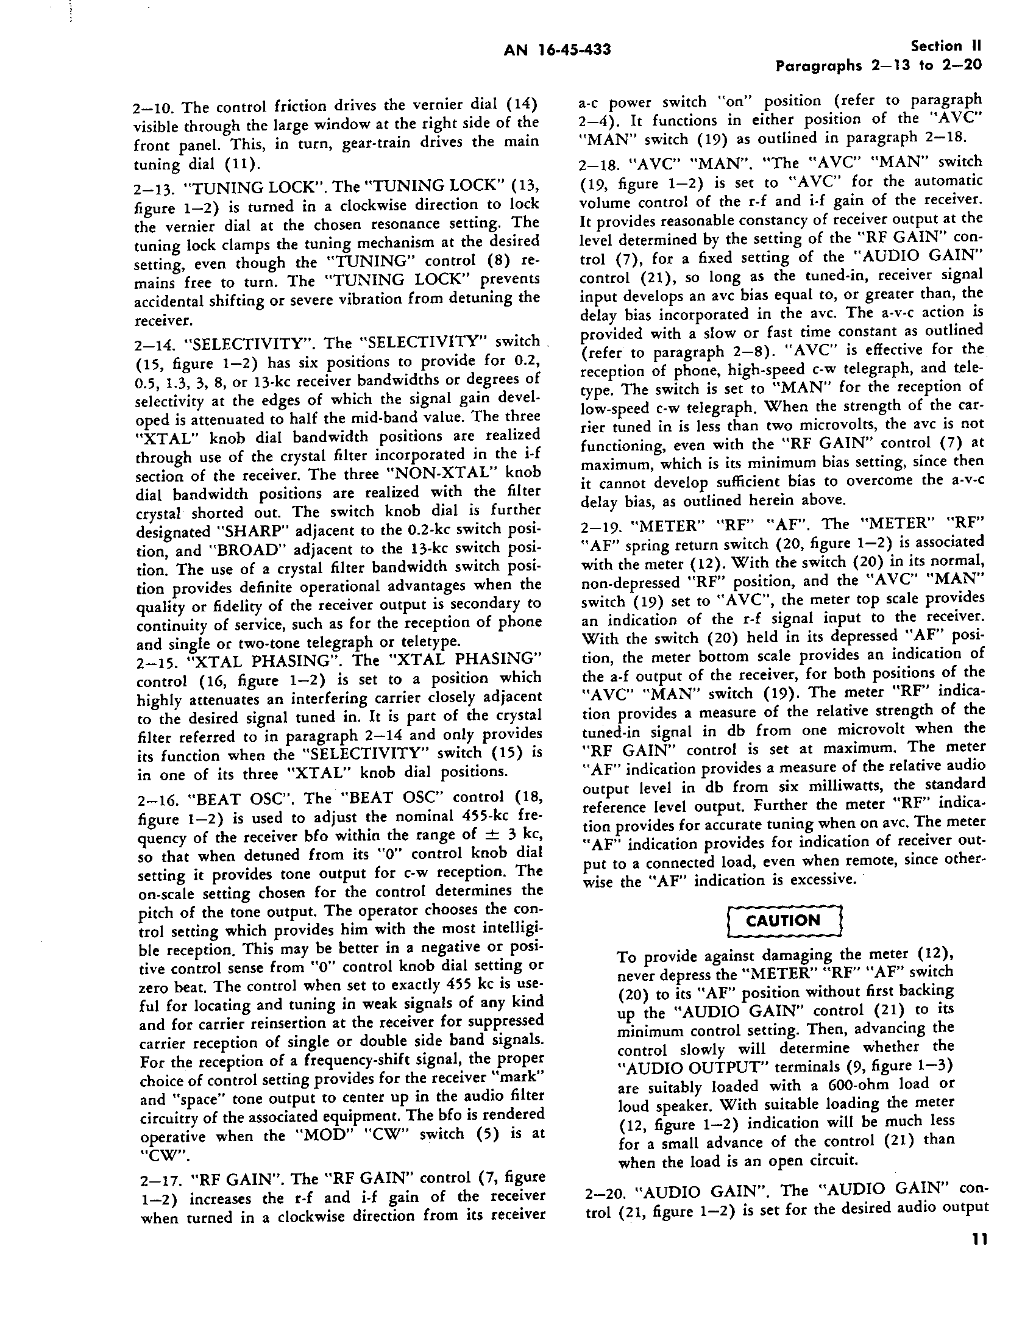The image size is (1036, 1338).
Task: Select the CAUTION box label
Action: (784, 921)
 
